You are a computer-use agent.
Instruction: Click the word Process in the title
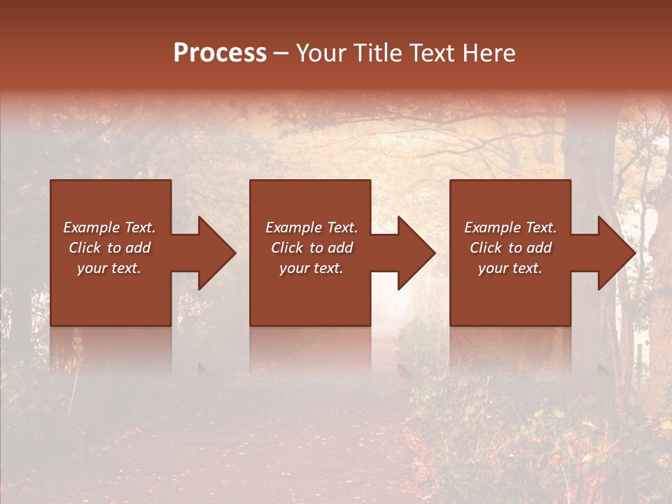[220, 53]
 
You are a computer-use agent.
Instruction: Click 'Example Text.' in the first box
[109, 227]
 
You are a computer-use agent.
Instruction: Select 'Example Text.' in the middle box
[311, 227]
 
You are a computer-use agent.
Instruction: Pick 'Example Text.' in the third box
[510, 227]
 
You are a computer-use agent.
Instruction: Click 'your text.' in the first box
[109, 268]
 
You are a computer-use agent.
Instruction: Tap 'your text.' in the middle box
[311, 268]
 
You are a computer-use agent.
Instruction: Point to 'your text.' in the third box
[510, 268]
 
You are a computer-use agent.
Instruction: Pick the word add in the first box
[137, 248]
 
